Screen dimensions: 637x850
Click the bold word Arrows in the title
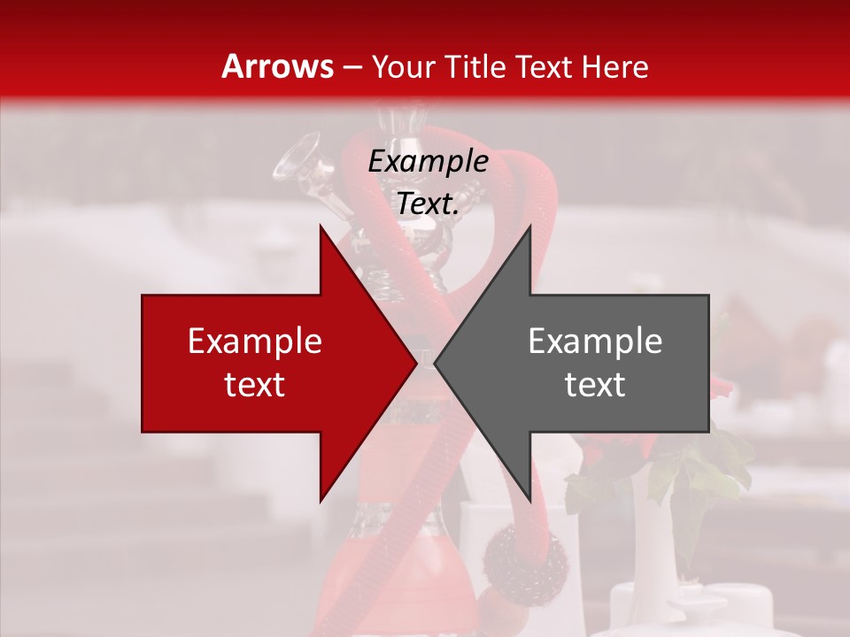pyautogui.click(x=278, y=67)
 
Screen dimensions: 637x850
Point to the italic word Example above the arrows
pyautogui.click(x=428, y=162)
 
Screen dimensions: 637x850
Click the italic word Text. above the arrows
pyautogui.click(x=428, y=204)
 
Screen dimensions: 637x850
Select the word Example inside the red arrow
pyautogui.click(x=255, y=342)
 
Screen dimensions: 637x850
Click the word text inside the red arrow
pyautogui.click(x=255, y=385)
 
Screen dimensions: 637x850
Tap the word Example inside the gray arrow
pyautogui.click(x=595, y=342)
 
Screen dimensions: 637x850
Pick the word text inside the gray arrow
pyautogui.click(x=595, y=385)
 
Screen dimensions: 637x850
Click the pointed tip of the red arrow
pyautogui.click(x=415, y=363)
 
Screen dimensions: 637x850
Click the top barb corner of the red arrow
pyautogui.click(x=321, y=225)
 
